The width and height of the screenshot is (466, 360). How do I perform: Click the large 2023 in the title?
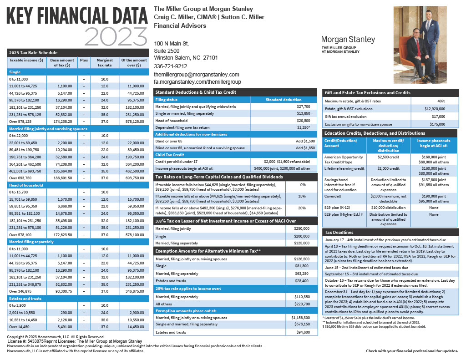[113, 35]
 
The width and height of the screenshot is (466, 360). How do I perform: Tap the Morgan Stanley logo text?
[348, 40]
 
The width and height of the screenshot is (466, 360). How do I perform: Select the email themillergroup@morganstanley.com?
[197, 74]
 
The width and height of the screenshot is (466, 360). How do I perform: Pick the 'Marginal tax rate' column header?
[104, 63]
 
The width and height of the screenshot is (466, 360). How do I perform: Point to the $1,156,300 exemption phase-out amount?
[300, 317]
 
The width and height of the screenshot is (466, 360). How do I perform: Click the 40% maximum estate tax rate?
[441, 101]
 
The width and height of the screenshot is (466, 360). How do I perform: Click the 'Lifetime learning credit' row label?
[344, 168]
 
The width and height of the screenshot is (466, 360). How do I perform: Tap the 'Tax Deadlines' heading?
[339, 232]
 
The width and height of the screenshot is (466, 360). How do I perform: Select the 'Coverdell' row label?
[333, 196]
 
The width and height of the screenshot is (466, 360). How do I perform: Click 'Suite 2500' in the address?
[167, 51]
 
